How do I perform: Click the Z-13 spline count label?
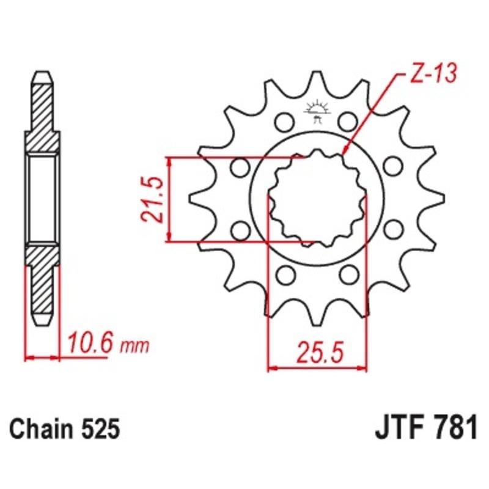click(x=427, y=76)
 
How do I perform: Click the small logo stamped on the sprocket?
click(x=316, y=111)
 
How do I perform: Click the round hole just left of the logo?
click(x=283, y=120)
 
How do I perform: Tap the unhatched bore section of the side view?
click(x=42, y=198)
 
